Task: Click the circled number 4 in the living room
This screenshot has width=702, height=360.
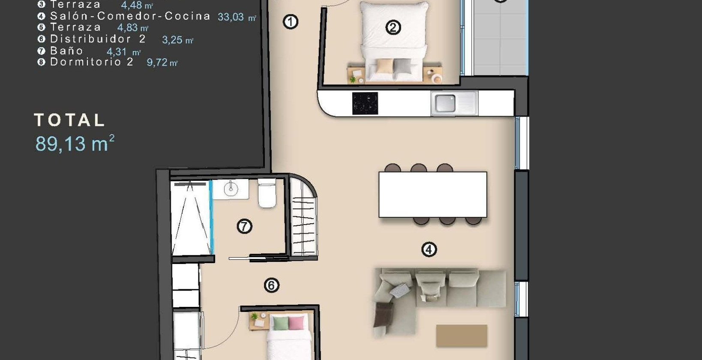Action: [x=429, y=249]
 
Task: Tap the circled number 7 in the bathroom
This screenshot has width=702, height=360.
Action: [x=244, y=226]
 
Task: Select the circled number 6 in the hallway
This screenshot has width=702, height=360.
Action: [x=271, y=285]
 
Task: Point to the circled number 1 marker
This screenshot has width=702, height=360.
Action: [x=291, y=22]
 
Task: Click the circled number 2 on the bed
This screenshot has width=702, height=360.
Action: [x=393, y=27]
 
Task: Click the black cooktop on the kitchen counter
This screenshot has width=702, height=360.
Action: [x=365, y=103]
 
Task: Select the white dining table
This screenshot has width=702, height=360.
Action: [x=433, y=194]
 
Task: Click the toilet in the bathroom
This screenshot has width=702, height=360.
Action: [x=267, y=193]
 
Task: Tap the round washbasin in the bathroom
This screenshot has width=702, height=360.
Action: [x=231, y=189]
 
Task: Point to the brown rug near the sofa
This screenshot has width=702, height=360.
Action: [x=462, y=336]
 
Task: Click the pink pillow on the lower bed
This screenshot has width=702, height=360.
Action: [x=296, y=323]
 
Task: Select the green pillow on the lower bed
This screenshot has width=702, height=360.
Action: [x=281, y=323]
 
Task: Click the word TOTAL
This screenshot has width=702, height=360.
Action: [x=69, y=120]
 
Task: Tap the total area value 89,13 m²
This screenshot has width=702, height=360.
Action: [x=75, y=144]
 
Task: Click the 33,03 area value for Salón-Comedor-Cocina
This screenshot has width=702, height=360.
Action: [x=231, y=17]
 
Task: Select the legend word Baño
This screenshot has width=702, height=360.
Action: [x=66, y=51]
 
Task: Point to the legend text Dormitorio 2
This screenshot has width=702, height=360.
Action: [x=92, y=62]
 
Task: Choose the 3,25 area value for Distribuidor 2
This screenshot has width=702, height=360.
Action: [x=172, y=40]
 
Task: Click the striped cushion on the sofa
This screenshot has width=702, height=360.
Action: [x=399, y=290]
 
